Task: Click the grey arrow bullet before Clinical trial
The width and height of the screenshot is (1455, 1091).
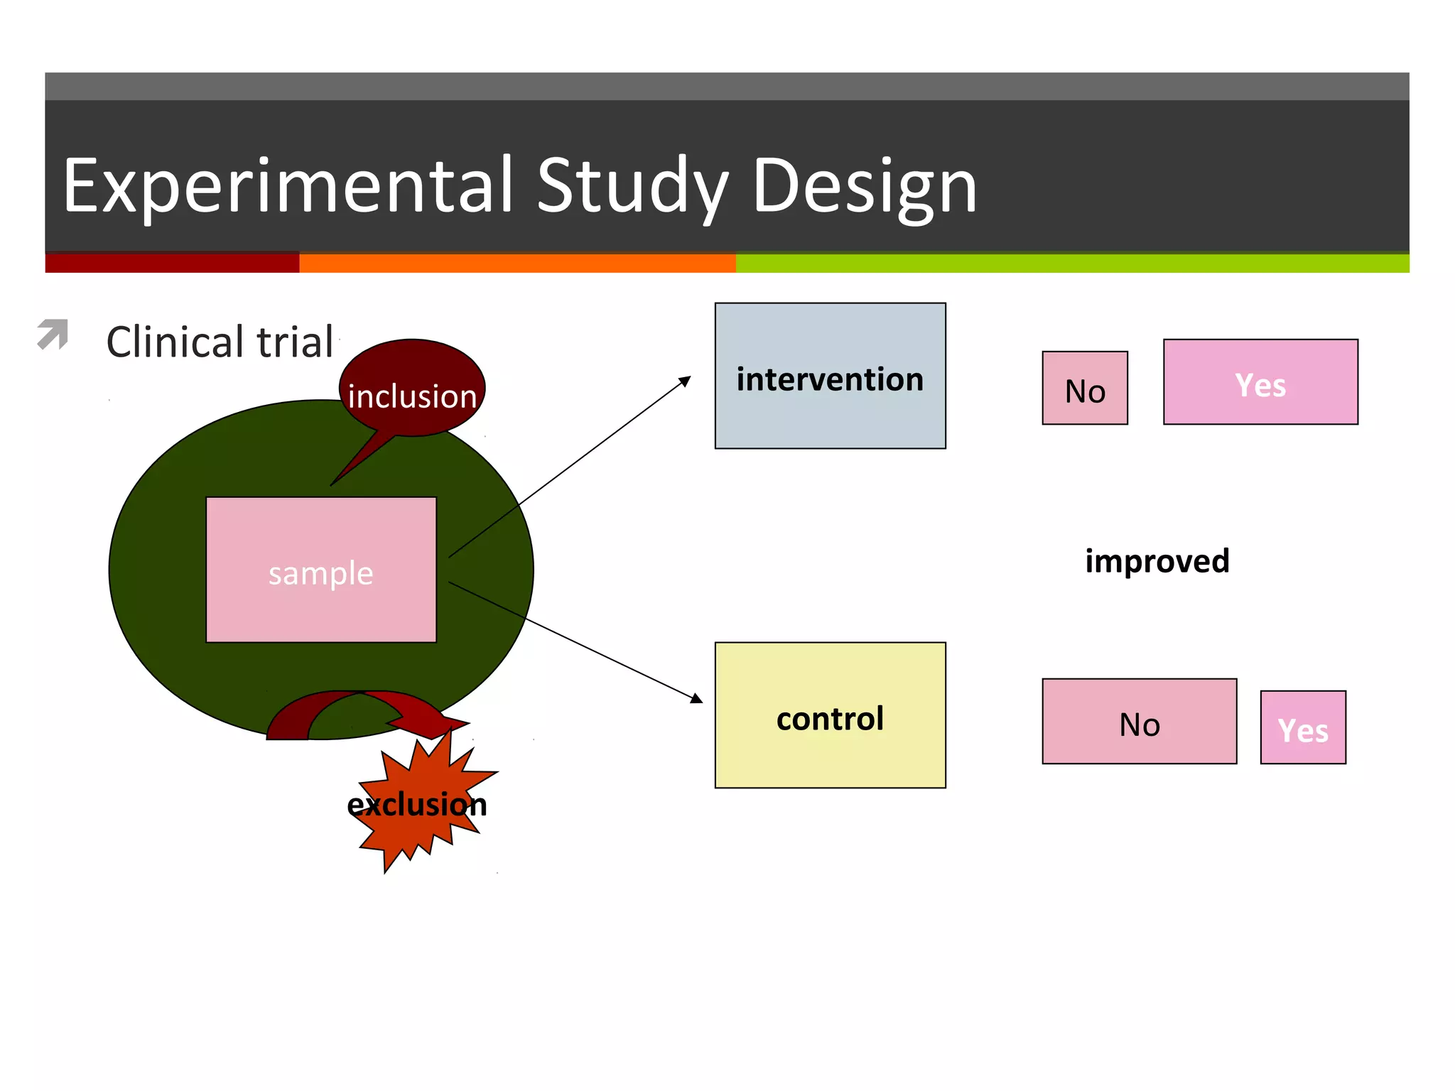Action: [x=53, y=334]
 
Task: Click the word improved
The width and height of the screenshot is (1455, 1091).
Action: [x=1157, y=561]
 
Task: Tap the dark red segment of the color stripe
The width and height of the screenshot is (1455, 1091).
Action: [x=172, y=264]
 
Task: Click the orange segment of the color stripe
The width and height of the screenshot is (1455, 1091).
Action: [x=517, y=264]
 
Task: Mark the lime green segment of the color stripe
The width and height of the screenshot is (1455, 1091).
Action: [x=1073, y=264]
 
